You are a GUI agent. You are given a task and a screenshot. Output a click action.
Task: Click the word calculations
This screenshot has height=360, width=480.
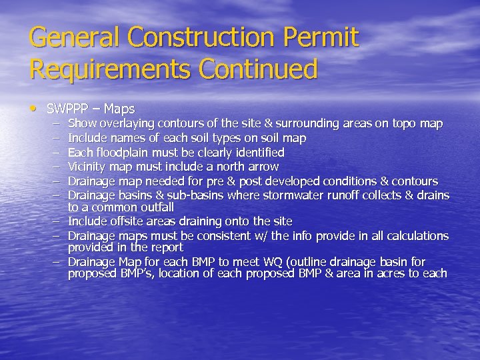pyautogui.click(x=416, y=236)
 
